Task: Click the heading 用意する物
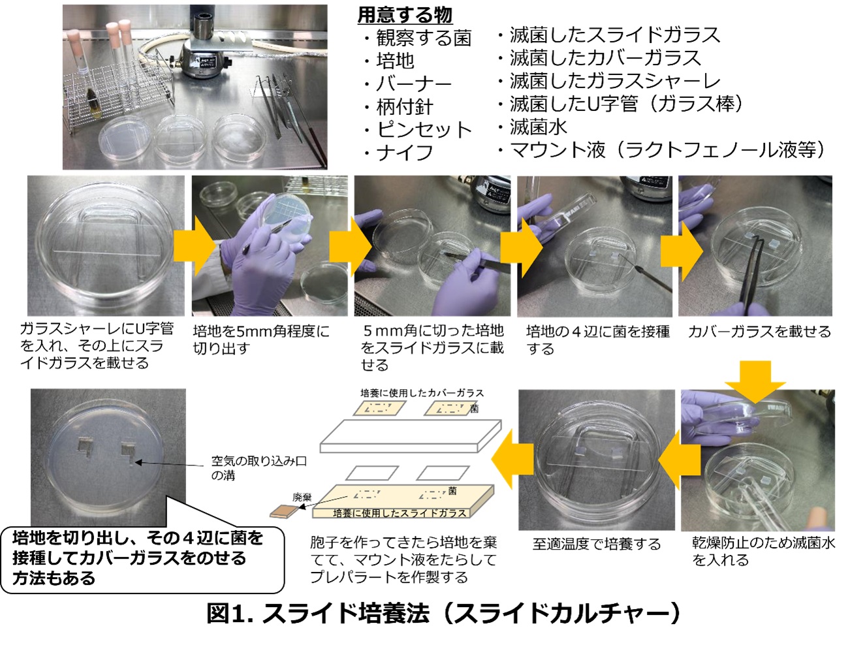[405, 16]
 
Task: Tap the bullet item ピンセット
[418, 129]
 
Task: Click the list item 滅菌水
[533, 127]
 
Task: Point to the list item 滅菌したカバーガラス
[599, 58]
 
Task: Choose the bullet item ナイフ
[399, 153]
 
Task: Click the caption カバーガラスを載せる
[759, 332]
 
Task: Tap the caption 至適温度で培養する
[597, 544]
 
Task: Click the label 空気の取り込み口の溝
[259, 467]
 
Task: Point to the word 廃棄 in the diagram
[302, 497]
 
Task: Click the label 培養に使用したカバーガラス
[422, 393]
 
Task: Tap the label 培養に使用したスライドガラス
[400, 513]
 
